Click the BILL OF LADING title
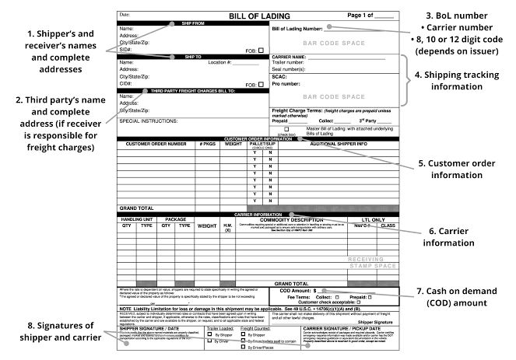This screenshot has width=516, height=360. click(x=260, y=16)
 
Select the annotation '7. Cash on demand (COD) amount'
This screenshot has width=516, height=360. click(x=465, y=296)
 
